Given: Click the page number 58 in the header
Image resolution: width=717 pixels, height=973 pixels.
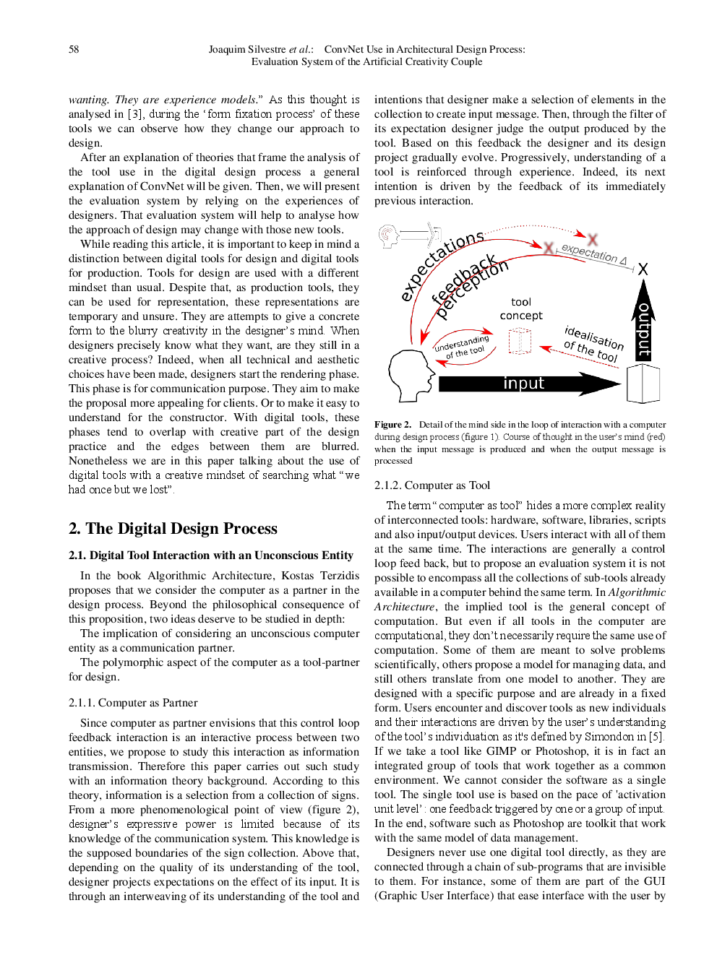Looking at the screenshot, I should tap(74, 49).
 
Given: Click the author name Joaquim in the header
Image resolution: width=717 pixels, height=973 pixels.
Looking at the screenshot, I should tap(227, 49).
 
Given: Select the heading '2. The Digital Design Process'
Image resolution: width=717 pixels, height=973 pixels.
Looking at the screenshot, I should tap(173, 528).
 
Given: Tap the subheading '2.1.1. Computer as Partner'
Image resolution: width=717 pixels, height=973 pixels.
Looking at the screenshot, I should tap(133, 702).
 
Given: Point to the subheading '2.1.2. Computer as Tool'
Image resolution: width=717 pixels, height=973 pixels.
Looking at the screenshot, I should tap(432, 485).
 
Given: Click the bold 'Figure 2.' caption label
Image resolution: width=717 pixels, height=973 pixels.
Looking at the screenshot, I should tap(392, 425).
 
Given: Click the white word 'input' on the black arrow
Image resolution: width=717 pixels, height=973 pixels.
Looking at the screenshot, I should tap(523, 383).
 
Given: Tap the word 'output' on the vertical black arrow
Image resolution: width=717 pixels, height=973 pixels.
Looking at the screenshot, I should tap(643, 330).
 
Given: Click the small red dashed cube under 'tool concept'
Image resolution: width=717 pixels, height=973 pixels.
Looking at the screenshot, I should tap(520, 340).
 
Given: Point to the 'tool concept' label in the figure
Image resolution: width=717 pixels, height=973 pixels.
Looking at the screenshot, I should tap(521, 308).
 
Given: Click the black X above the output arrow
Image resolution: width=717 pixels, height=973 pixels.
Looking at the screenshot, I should tap(643, 269).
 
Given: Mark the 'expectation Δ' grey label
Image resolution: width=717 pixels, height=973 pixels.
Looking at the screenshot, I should tap(593, 254).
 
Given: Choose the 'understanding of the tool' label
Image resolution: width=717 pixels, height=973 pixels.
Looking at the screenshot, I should tap(463, 347).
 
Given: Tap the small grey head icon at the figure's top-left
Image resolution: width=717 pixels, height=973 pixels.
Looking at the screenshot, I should tap(390, 235).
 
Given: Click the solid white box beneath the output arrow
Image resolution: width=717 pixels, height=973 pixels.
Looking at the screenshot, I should tap(643, 383).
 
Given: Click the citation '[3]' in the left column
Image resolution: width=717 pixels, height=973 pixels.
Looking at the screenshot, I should tap(135, 114).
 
